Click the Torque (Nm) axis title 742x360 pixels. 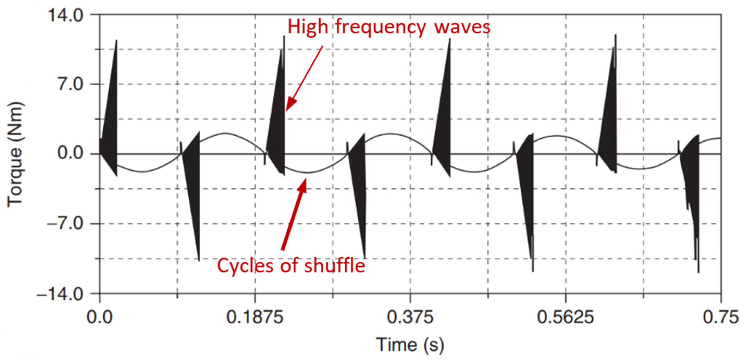(15, 154)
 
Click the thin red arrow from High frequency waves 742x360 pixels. (305, 78)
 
